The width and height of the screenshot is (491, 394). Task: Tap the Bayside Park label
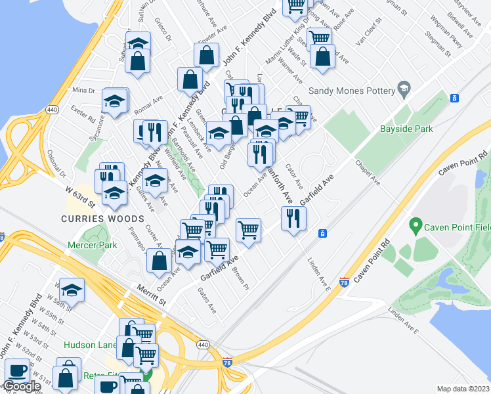tap(406, 129)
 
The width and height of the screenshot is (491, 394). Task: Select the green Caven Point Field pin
tap(415, 227)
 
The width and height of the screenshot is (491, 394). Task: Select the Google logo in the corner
tap(21, 386)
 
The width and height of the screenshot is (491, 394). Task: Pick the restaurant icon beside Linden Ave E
tap(293, 217)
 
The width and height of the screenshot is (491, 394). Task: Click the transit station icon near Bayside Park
tap(454, 98)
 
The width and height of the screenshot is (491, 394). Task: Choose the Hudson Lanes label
tap(89, 345)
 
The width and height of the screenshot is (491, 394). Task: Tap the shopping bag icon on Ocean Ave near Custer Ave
tap(160, 261)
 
